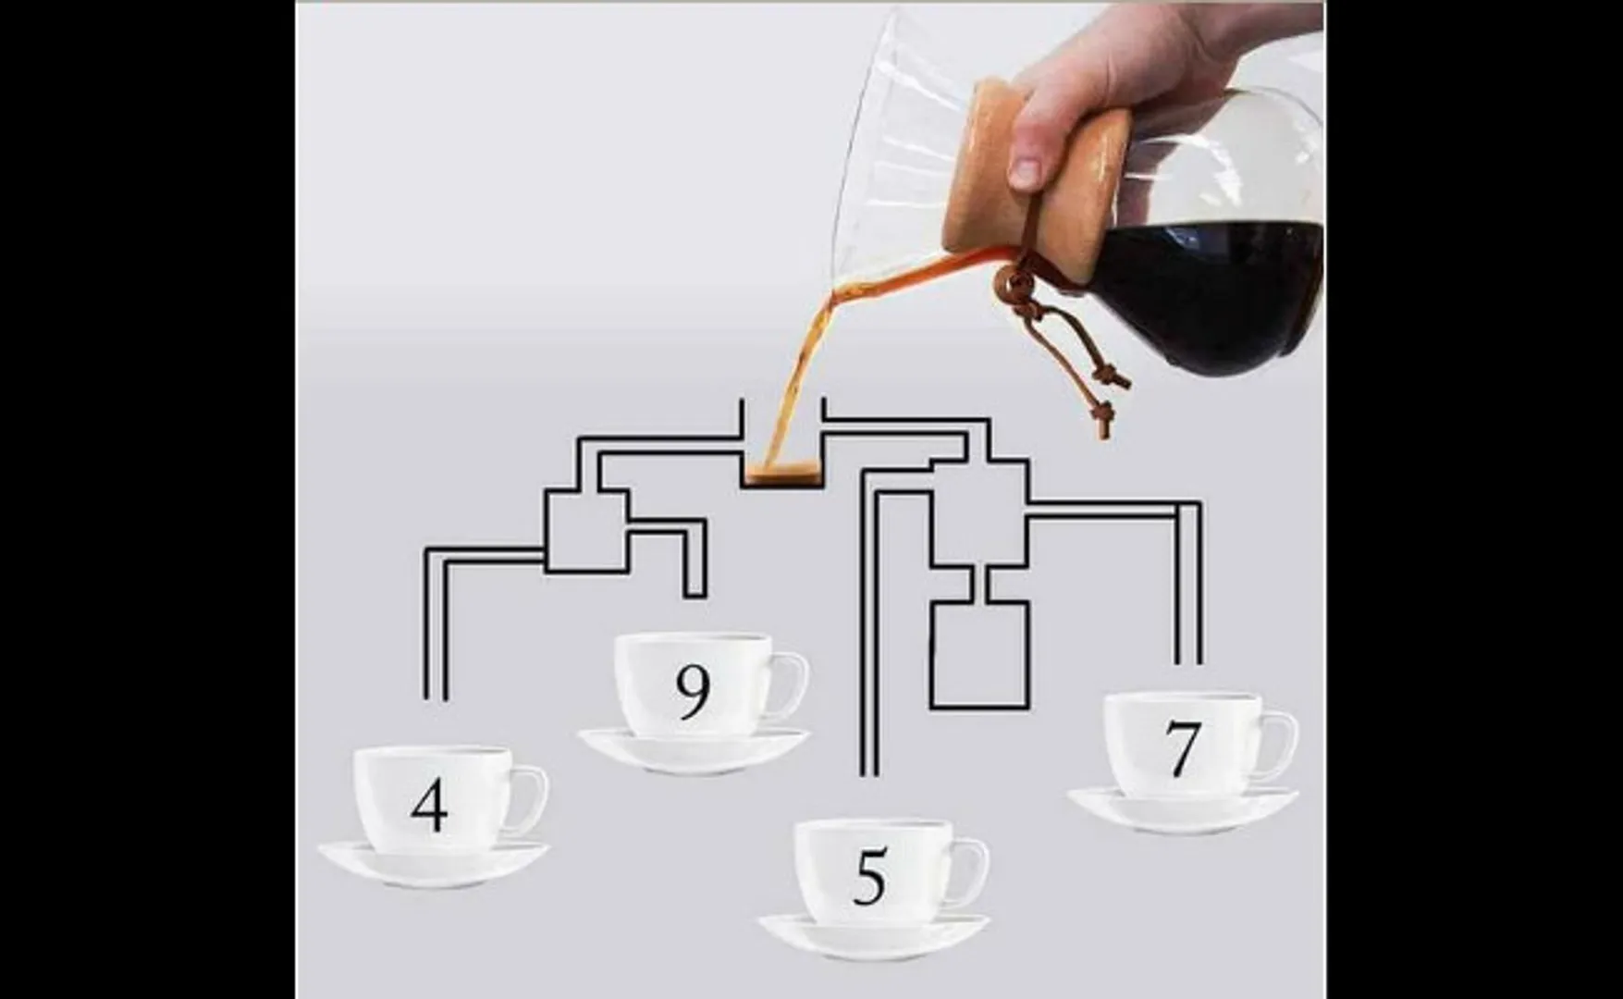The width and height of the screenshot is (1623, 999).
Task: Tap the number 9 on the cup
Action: coord(693,692)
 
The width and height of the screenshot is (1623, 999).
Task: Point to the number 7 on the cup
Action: coord(1182,748)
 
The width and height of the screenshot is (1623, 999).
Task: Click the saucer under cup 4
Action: coord(434,866)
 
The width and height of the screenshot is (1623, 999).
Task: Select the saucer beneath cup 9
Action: coord(694,751)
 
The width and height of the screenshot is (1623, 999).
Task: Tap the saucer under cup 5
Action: coord(874,936)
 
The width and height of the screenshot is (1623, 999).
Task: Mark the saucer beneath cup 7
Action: coord(1183,809)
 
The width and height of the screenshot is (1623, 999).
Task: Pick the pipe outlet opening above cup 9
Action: coord(695,597)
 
